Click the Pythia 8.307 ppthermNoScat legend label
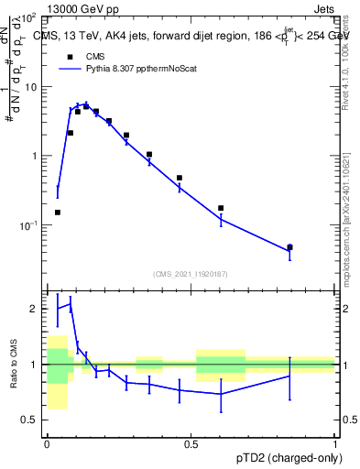point(142,68)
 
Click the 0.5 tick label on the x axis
point(191,444)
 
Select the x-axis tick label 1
point(335,444)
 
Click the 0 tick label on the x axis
point(47,444)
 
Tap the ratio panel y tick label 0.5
point(29,420)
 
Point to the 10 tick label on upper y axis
point(31,87)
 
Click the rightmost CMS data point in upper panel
point(289,247)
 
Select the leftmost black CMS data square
point(58,213)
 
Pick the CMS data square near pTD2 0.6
point(221,208)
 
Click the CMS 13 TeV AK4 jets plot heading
point(188,36)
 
